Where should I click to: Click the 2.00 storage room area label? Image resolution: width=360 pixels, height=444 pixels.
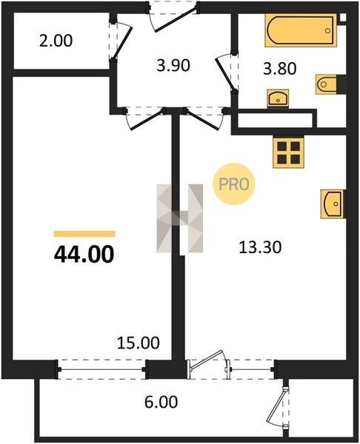point(56,41)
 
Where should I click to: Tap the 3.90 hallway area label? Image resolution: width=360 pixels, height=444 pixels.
point(173,65)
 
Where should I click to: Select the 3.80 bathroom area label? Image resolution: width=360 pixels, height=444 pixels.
point(280,69)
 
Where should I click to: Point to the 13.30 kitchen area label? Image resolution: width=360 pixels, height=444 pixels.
point(260,247)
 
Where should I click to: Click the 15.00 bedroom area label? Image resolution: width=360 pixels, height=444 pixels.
point(139,343)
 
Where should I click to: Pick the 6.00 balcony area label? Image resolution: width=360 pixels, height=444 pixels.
point(161,402)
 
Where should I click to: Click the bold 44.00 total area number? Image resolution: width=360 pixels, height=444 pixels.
point(84,255)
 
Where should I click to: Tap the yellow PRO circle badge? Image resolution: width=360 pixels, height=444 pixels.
point(234,184)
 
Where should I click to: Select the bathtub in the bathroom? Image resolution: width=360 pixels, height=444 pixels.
point(301,30)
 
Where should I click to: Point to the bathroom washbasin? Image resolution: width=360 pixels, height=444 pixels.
point(278,98)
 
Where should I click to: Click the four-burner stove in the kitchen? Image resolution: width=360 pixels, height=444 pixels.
point(288,153)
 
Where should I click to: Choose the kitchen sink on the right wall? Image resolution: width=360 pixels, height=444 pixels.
point(332,204)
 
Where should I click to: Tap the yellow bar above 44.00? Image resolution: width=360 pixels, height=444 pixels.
point(84,234)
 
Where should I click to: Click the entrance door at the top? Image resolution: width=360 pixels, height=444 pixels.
point(173,17)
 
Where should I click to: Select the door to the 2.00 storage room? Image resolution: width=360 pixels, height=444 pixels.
point(120,40)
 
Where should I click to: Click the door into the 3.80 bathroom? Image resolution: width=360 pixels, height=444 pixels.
point(227,73)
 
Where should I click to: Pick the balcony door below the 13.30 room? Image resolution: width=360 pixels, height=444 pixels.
point(209,365)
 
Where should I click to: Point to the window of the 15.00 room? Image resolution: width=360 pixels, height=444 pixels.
point(101,369)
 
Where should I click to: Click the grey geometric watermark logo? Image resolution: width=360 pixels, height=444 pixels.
point(180,218)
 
